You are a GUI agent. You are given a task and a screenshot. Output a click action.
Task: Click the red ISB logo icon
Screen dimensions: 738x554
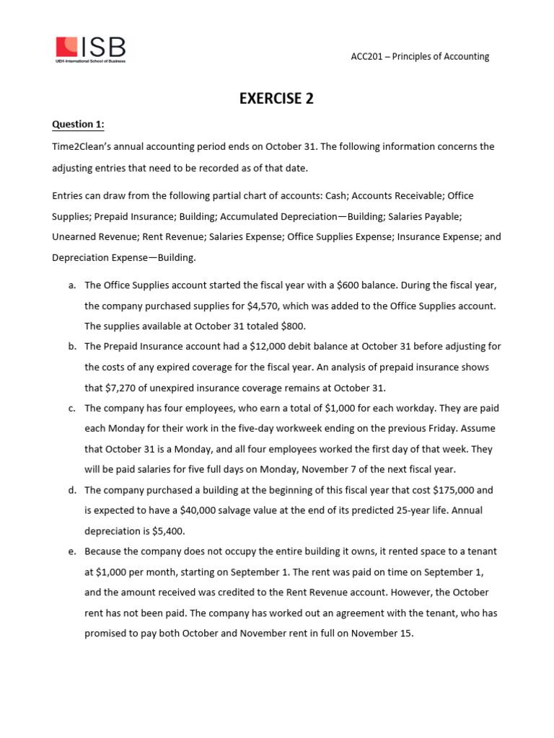(x=67, y=47)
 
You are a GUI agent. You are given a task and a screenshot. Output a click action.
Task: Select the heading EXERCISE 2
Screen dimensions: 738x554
(x=276, y=99)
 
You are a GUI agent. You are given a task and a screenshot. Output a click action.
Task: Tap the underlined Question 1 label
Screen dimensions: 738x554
(x=78, y=125)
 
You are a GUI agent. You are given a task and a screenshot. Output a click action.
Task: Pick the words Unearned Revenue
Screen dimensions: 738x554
(x=87, y=236)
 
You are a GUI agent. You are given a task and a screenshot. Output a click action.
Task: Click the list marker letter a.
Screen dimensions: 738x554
(x=72, y=285)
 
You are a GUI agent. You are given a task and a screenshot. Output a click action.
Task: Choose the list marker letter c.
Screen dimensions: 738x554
(x=72, y=408)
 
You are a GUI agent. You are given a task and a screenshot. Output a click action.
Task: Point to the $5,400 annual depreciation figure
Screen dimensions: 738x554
(x=170, y=530)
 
